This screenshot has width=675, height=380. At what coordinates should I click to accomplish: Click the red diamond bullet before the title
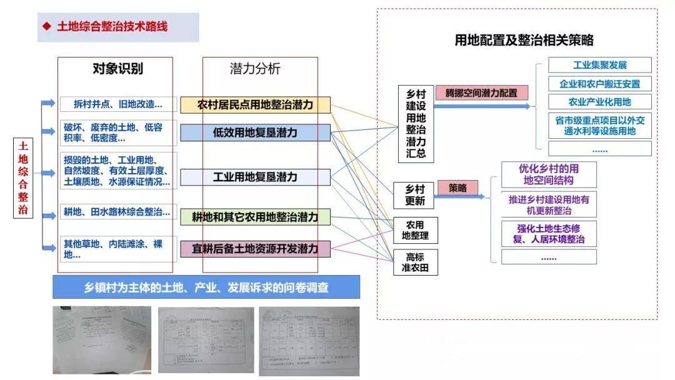(46, 27)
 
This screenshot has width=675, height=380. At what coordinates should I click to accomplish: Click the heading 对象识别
(117, 69)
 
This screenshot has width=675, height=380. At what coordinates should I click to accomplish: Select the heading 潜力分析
(255, 69)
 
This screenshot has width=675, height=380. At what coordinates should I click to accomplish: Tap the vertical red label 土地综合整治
(23, 178)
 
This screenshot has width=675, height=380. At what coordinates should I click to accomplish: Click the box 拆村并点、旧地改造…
(117, 104)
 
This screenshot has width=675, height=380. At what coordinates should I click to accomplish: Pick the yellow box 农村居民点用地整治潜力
(255, 105)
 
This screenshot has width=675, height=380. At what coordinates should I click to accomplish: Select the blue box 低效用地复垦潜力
(255, 132)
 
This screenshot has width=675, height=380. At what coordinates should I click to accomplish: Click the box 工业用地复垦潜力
(255, 177)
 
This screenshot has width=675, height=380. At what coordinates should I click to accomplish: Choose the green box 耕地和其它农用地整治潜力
(255, 217)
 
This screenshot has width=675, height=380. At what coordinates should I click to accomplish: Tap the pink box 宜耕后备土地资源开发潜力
(255, 249)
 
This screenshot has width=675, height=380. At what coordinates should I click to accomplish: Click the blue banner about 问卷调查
(206, 287)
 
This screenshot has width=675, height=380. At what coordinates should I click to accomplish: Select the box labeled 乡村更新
(415, 195)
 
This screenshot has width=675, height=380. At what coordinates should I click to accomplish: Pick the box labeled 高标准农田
(415, 262)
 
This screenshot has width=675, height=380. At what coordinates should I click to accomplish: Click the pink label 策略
(457, 187)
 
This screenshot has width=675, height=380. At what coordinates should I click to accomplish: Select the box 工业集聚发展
(599, 65)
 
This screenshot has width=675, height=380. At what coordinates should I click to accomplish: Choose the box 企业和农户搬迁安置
(599, 84)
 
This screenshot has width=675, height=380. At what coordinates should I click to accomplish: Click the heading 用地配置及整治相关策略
(524, 41)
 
